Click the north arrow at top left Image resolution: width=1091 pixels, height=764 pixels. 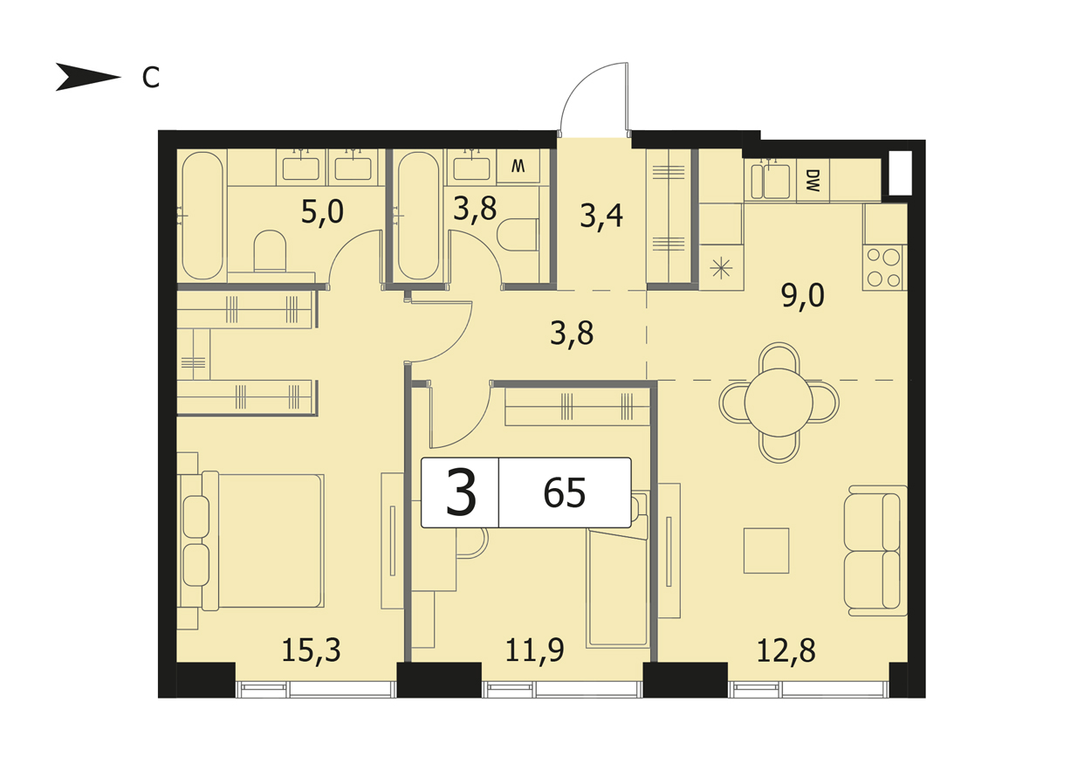pos(87,77)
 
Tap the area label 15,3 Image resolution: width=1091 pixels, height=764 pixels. pos(312,650)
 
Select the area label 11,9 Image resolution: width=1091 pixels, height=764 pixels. pos(535,650)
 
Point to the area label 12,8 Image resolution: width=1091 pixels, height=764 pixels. pos(786,650)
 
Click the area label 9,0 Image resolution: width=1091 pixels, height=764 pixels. pos(803,296)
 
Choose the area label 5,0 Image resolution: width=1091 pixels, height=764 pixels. pos(322,212)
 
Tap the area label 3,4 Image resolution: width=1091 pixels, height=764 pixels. pos(601,217)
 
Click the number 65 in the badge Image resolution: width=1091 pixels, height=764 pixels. pos(565,493)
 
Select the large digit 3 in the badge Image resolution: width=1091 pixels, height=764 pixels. pos(461,493)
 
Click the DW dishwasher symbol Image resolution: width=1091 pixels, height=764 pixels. pos(813,180)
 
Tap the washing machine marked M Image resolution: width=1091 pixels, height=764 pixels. pos(518,167)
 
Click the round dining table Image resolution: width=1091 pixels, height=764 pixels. pos(779,403)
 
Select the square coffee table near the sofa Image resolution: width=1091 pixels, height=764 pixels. pos(766,551)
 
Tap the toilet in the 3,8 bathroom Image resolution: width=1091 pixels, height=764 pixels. pos(518,234)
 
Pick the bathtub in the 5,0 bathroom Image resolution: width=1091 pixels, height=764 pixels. pos(202,216)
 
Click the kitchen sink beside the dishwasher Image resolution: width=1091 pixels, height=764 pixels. pos(771,180)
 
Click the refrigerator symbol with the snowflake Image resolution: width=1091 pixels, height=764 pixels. pos(721,268)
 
